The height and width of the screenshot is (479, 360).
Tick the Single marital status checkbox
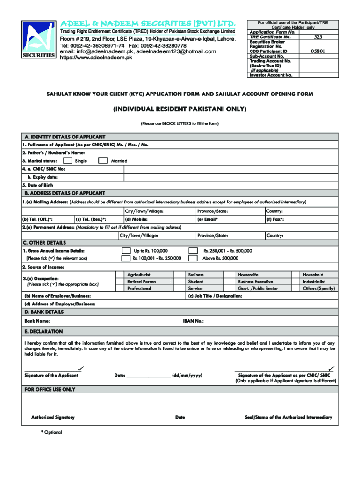[x=68, y=161]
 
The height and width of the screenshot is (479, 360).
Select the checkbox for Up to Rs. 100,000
[x=126, y=251]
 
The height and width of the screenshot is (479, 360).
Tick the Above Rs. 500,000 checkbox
[x=193, y=258]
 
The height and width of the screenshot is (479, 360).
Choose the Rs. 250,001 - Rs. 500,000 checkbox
[x=193, y=251]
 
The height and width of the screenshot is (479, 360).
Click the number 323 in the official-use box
[x=317, y=37]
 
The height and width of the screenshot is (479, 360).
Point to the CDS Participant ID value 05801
[x=317, y=51]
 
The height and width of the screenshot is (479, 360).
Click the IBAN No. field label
[x=193, y=321]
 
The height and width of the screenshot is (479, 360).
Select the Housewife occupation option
[x=248, y=275]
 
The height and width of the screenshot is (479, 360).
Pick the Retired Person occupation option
[x=141, y=282]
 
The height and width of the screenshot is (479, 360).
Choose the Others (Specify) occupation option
[x=319, y=289]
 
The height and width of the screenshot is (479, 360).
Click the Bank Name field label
[x=37, y=321]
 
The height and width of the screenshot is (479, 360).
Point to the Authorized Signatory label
[x=53, y=417]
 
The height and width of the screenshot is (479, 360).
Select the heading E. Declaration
[x=43, y=332]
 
